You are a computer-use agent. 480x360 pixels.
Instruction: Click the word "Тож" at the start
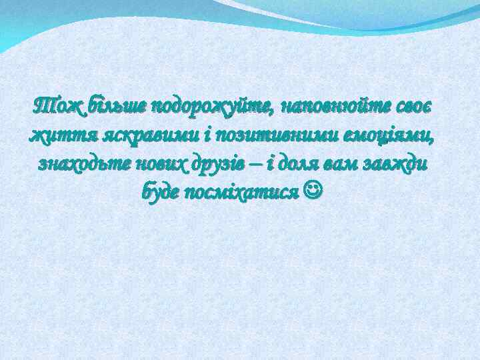click(55, 105)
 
